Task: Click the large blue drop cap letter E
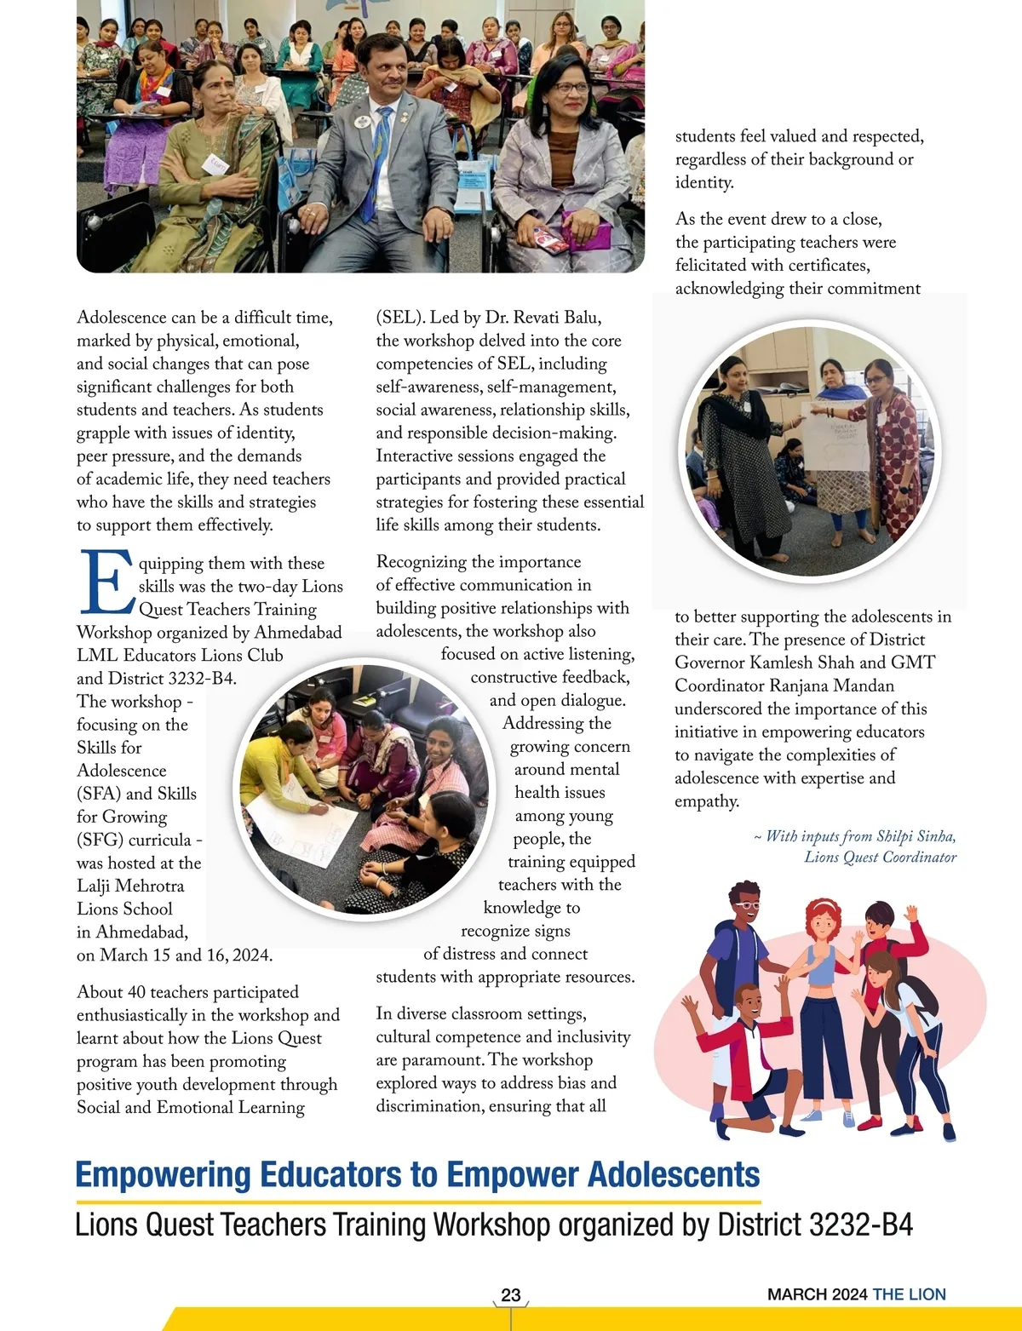[x=106, y=582]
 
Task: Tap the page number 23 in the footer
[x=511, y=1295]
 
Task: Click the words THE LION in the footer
[x=909, y=1294]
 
